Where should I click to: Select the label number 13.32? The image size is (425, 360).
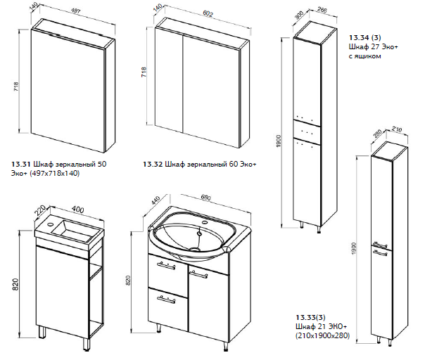point(153,164)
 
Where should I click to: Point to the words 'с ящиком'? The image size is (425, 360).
point(364,56)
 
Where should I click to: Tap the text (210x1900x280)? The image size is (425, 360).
point(324,336)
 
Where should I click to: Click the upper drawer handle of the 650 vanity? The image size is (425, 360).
point(165,265)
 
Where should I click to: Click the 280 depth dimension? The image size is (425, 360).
point(376,132)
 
